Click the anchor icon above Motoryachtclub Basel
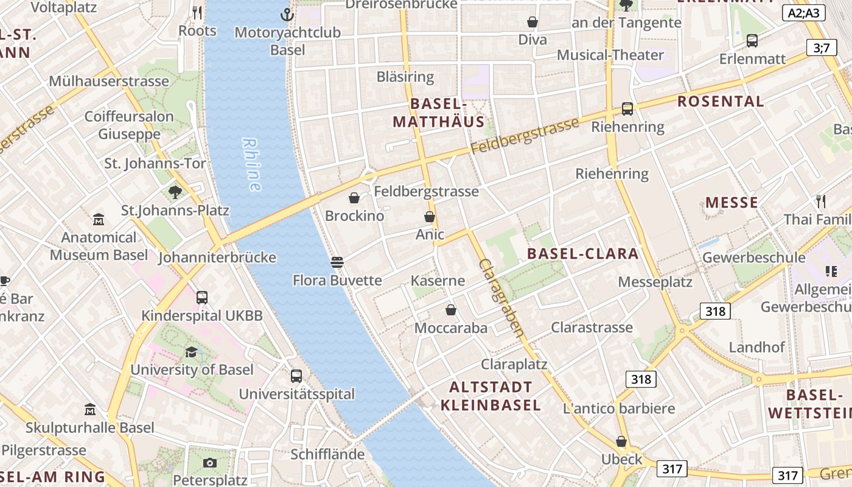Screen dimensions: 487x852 [x=287, y=14]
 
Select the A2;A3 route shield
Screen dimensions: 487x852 [x=803, y=13]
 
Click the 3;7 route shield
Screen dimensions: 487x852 [x=821, y=47]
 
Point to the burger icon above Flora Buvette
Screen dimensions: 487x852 [x=337, y=262]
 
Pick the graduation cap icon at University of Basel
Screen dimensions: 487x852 [x=192, y=352]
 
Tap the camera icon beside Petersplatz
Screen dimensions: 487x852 [x=210, y=463]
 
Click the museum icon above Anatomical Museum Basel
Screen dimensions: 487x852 [x=99, y=219]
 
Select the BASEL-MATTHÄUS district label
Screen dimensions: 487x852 [x=438, y=113]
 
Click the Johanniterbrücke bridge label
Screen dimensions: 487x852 [x=217, y=258]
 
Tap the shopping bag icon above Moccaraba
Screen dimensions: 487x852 [x=451, y=310]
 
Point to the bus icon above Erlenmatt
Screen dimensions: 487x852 [x=752, y=41]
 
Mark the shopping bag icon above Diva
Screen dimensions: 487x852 [x=532, y=22]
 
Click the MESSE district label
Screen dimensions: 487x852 [x=732, y=203]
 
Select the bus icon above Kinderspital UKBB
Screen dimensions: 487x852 [x=202, y=298]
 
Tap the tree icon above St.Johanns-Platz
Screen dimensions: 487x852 [x=175, y=192]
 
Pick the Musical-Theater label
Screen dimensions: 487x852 [x=610, y=55]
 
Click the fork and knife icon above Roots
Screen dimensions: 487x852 [x=197, y=12]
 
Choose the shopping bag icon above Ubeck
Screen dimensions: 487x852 [x=621, y=441]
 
